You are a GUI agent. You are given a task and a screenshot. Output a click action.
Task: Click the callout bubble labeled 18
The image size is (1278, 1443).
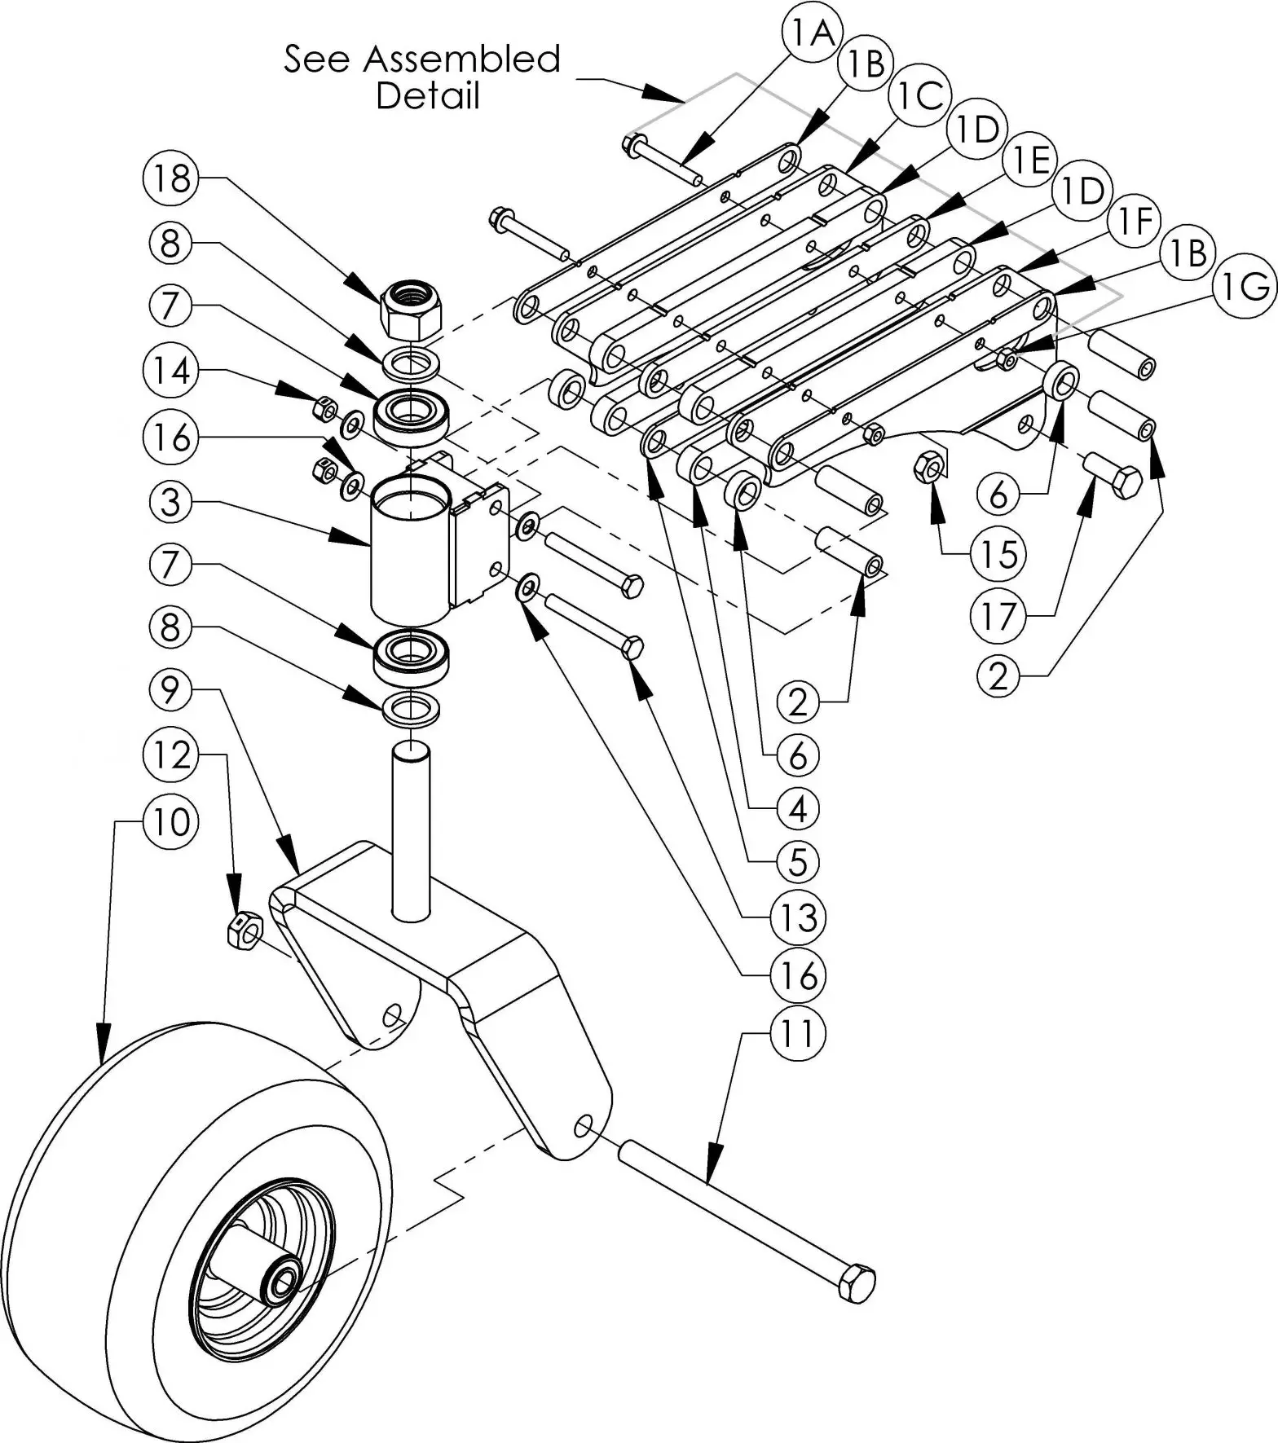(170, 178)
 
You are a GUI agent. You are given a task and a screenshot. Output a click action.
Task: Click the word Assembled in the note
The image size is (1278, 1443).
(461, 59)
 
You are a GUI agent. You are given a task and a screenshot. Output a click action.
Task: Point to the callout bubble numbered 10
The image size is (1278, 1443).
(170, 822)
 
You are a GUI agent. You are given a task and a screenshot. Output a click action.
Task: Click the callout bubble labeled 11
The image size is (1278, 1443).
(797, 1034)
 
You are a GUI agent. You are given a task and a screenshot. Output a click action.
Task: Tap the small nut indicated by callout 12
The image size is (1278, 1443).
(242, 930)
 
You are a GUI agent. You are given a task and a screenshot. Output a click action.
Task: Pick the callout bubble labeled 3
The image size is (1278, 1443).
(170, 502)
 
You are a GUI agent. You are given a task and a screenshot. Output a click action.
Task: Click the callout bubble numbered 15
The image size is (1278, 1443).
(998, 555)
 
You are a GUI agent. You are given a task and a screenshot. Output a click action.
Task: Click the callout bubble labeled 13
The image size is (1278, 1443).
(797, 918)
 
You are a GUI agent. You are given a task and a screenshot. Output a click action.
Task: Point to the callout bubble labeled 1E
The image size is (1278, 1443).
(1030, 160)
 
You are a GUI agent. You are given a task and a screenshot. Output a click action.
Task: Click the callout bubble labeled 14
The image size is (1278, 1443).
(170, 372)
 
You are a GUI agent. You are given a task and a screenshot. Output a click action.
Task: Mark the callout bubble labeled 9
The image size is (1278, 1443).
(170, 690)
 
